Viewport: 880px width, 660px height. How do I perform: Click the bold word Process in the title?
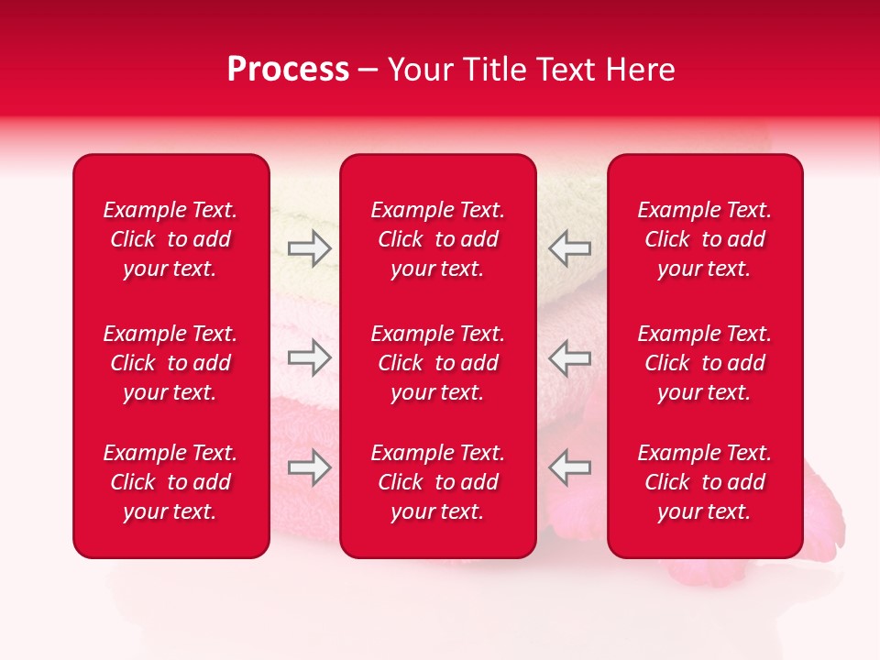pyautogui.click(x=288, y=70)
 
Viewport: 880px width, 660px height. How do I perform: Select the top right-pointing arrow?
pyautogui.click(x=309, y=247)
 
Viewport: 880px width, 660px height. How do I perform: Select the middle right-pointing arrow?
pyautogui.click(x=309, y=357)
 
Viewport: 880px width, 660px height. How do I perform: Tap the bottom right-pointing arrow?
pyautogui.click(x=309, y=467)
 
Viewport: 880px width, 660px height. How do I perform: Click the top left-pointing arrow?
pyautogui.click(x=570, y=247)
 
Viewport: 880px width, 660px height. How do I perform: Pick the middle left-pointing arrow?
pyautogui.click(x=570, y=357)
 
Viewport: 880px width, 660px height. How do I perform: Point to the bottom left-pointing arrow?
pyautogui.click(x=570, y=467)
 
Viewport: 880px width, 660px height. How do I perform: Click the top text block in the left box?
pyautogui.click(x=170, y=239)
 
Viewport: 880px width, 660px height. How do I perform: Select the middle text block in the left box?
pyautogui.click(x=170, y=363)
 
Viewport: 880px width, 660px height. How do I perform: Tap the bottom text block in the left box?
pyautogui.click(x=170, y=482)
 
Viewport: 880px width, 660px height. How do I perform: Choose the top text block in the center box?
pyautogui.click(x=438, y=239)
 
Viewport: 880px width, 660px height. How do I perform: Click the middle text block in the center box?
pyautogui.click(x=438, y=363)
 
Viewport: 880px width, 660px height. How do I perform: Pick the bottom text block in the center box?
pyautogui.click(x=438, y=482)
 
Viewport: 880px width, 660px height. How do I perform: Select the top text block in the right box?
pyautogui.click(x=705, y=239)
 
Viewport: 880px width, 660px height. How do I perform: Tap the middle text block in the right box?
pyautogui.click(x=705, y=363)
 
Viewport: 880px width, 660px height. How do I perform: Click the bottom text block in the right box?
pyautogui.click(x=705, y=482)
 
